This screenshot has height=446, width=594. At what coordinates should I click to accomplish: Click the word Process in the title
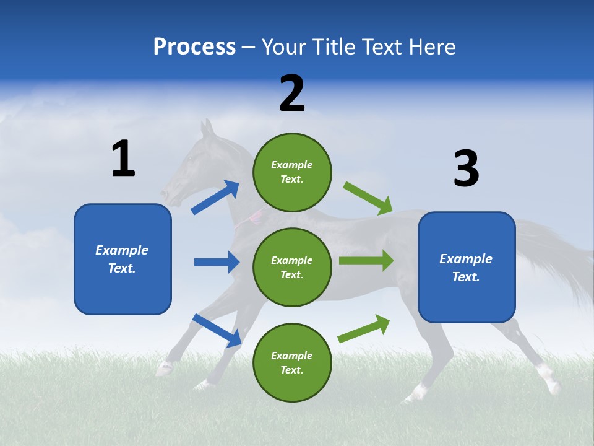[194, 47]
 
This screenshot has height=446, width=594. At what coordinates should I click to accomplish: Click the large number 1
[123, 159]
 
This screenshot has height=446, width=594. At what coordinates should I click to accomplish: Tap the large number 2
[292, 94]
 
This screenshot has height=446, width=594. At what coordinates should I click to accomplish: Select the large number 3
[466, 169]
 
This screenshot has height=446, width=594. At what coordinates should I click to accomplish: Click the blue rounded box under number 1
[123, 259]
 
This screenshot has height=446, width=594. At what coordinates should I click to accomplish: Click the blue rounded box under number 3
[467, 267]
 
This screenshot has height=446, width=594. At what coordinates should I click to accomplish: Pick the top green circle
[292, 172]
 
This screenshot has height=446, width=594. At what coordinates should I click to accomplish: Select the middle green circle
[292, 267]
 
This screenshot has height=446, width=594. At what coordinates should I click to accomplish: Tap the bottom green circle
[292, 362]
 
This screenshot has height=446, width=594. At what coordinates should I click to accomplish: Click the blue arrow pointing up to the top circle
[215, 198]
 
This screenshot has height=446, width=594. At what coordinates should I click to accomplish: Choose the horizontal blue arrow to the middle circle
[217, 262]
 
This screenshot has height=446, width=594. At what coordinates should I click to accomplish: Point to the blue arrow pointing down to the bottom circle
[217, 330]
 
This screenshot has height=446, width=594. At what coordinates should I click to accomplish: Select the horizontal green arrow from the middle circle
[366, 260]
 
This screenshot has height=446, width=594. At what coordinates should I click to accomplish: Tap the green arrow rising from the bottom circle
[364, 329]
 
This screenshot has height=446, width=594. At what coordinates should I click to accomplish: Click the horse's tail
[557, 260]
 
